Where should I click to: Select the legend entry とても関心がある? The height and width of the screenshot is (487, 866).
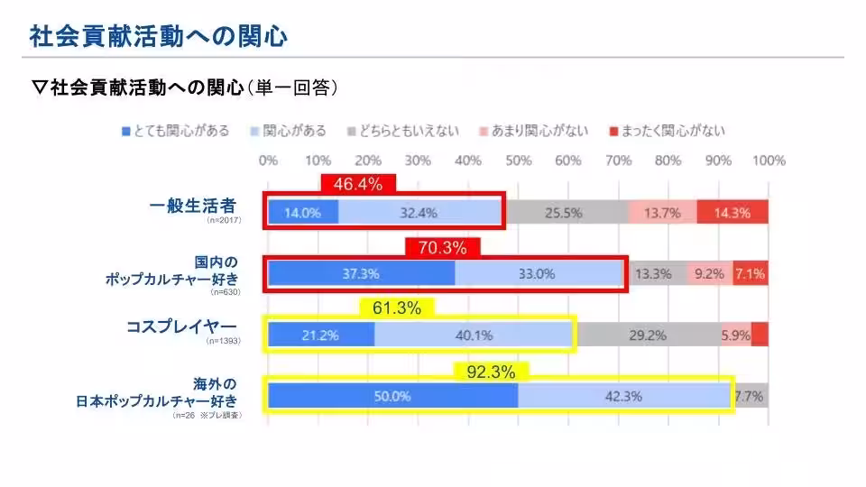[175, 131]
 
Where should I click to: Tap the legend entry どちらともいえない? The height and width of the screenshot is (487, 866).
[402, 131]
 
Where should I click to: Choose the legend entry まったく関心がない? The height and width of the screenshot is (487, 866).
[667, 131]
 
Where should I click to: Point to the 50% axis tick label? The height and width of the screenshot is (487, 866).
[518, 161]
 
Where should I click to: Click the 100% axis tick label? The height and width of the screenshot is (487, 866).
[768, 161]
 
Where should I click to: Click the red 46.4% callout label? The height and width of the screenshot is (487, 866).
[358, 184]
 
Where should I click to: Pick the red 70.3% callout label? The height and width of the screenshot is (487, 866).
[443, 246]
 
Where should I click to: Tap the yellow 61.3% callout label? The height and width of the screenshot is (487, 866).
[397, 308]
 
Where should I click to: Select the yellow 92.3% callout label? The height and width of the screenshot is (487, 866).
[491, 371]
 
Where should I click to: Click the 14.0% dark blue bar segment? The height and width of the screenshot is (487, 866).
[303, 213]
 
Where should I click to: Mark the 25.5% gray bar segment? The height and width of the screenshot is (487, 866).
[564, 213]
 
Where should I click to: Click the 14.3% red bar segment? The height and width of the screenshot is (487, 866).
[732, 213]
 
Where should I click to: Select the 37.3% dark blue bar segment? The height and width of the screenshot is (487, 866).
[362, 274]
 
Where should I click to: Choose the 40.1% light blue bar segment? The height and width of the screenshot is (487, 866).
[474, 335]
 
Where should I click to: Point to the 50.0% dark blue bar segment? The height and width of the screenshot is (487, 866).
[393, 396]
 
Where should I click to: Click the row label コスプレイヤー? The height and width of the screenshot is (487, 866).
[181, 326]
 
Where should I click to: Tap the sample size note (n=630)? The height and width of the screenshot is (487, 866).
[223, 293]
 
